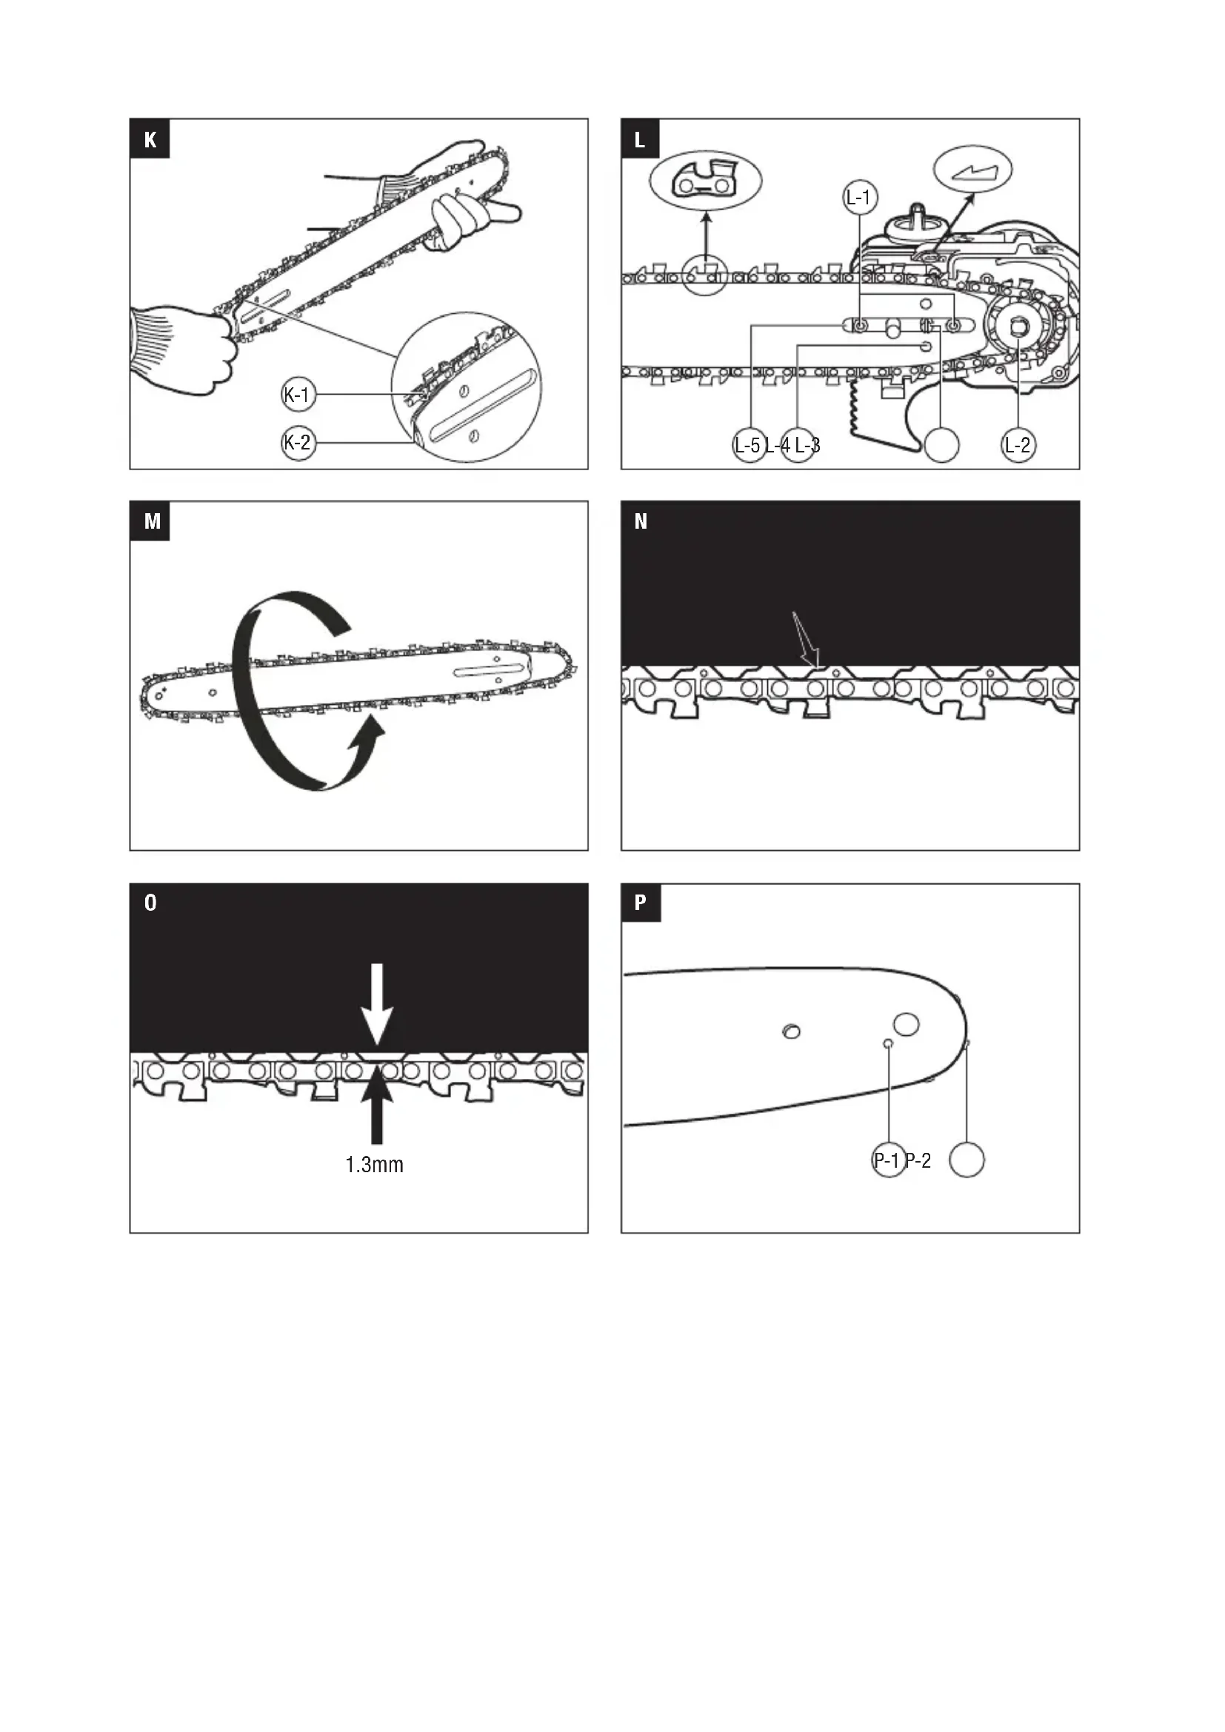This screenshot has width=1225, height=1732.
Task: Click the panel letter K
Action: pyautogui.click(x=150, y=139)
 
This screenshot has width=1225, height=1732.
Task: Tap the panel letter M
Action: pyautogui.click(x=152, y=521)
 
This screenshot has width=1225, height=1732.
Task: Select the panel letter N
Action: pyautogui.click(x=641, y=521)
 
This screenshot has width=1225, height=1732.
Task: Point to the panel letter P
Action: pyautogui.click(x=641, y=902)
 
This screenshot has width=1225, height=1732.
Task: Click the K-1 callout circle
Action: pyautogui.click(x=298, y=395)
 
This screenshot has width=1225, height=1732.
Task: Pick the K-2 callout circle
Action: pyautogui.click(x=298, y=443)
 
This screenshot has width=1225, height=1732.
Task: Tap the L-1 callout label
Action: pyautogui.click(x=859, y=198)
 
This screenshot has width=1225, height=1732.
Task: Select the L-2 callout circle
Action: pyautogui.click(x=1018, y=445)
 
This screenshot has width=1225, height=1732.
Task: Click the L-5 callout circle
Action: pyautogui.click(x=749, y=445)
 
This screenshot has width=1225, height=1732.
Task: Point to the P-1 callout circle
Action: pyautogui.click(x=889, y=1160)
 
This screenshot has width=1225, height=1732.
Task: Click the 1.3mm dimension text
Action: pyautogui.click(x=374, y=1166)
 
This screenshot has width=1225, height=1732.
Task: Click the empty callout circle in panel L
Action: pyautogui.click(x=941, y=445)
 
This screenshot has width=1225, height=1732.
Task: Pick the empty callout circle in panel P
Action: pyautogui.click(x=967, y=1160)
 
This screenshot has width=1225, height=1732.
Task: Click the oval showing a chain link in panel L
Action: pyautogui.click(x=705, y=181)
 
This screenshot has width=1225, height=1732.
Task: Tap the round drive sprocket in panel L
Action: pyautogui.click(x=1019, y=326)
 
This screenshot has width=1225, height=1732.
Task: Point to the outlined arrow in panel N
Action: pyautogui.click(x=806, y=640)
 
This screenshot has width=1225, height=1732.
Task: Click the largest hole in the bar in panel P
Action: pyautogui.click(x=906, y=1023)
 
